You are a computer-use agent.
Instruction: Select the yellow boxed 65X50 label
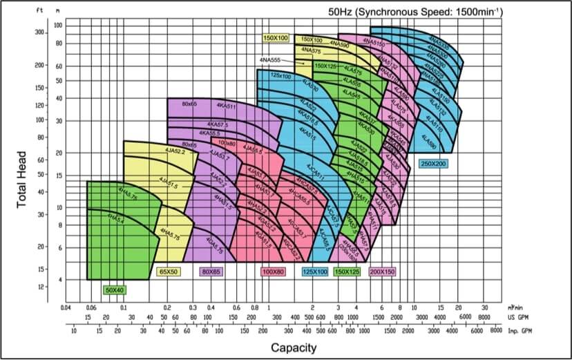tap(168, 272)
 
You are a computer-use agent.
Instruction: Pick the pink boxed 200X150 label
tap(383, 272)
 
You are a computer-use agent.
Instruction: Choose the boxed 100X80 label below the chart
tap(274, 272)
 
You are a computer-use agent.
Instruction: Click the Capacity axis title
tap(294, 347)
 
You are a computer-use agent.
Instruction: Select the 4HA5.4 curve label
tap(115, 219)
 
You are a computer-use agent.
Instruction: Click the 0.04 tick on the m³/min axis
tap(66, 307)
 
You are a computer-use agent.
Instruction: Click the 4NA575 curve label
tap(312, 51)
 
